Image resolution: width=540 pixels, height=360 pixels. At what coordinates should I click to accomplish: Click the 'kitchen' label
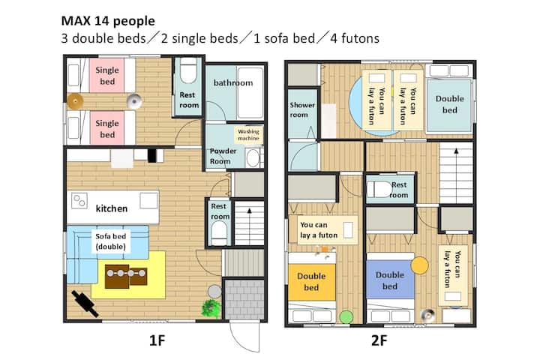tap(112, 208)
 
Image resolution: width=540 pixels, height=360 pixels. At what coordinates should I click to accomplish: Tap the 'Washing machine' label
tap(248, 135)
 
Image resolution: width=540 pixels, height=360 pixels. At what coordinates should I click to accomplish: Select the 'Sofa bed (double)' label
tap(110, 241)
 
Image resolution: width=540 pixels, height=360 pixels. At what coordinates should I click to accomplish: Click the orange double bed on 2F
tap(312, 282)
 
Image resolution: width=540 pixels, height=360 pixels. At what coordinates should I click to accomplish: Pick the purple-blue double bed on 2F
tap(390, 280)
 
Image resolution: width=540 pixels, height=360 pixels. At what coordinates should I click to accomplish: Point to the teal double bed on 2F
tap(449, 105)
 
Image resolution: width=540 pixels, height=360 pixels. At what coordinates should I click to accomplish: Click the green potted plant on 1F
tap(211, 307)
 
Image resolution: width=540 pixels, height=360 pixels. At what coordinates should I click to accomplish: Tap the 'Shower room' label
tap(302, 109)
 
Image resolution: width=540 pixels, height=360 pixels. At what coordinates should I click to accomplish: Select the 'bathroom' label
tap(233, 82)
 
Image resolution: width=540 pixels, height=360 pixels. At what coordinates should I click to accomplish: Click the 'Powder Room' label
tap(223, 156)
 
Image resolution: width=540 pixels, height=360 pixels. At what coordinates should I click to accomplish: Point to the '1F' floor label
tap(157, 340)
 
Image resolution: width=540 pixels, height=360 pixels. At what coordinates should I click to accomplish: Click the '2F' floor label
tap(379, 340)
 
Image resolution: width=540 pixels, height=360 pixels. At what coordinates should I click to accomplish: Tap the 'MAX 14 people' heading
tap(108, 21)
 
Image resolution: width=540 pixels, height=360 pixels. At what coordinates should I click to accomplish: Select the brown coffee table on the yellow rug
tap(126, 276)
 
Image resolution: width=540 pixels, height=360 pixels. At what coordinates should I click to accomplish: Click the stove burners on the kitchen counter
tap(79, 200)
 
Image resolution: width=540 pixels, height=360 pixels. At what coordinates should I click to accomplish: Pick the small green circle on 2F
tap(346, 317)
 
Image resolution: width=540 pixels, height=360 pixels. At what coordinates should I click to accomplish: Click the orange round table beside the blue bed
tap(419, 265)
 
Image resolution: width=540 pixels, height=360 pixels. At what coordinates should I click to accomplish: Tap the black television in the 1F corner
tap(85, 304)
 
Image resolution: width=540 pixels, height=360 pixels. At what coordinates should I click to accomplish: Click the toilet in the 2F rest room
tap(379, 189)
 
